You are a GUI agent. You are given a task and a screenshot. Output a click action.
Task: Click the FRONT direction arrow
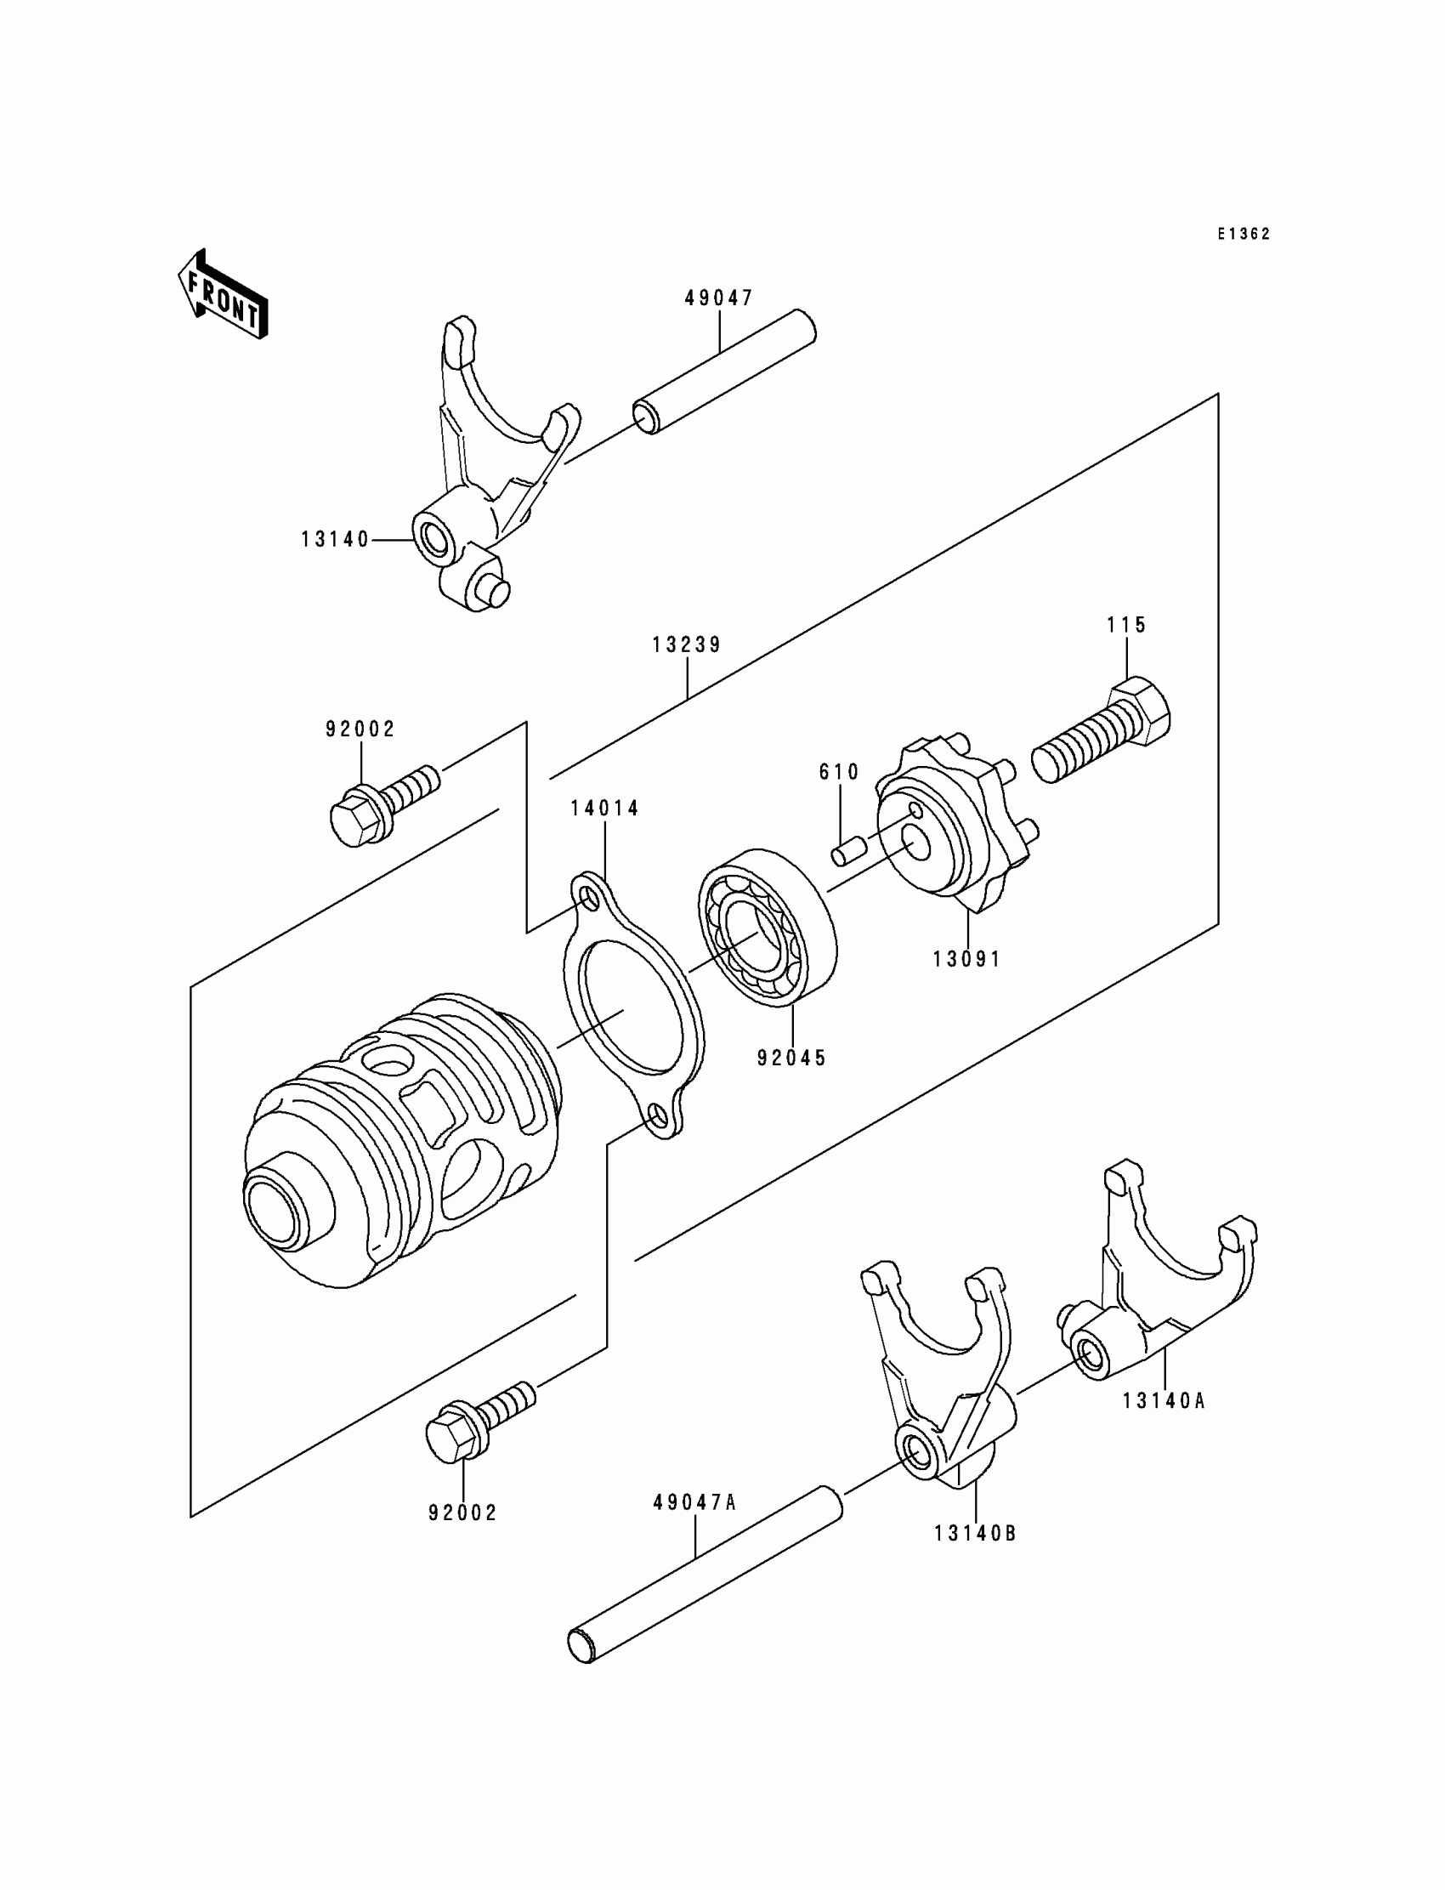pyautogui.click(x=222, y=296)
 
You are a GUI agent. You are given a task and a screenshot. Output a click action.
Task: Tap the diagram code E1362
pyautogui.click(x=1243, y=234)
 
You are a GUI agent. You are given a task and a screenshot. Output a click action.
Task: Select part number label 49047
pyautogui.click(x=718, y=298)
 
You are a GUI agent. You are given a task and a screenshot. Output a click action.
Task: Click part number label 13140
pyautogui.click(x=335, y=539)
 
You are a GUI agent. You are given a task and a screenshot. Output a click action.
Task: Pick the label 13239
pyautogui.click(x=687, y=644)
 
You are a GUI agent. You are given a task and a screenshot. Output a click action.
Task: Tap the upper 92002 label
pyautogui.click(x=360, y=729)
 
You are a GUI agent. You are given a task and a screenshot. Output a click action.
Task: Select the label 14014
pyautogui.click(x=604, y=808)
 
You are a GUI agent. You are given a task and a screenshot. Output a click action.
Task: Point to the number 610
pyautogui.click(x=839, y=772)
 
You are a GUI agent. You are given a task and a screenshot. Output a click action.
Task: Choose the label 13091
pyautogui.click(x=967, y=958)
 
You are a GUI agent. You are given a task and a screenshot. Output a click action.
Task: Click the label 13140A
pyautogui.click(x=1164, y=1400)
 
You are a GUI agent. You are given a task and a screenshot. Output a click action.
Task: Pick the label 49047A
pyautogui.click(x=695, y=1503)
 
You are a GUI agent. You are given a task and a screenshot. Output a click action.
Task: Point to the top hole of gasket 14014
pyautogui.click(x=589, y=896)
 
